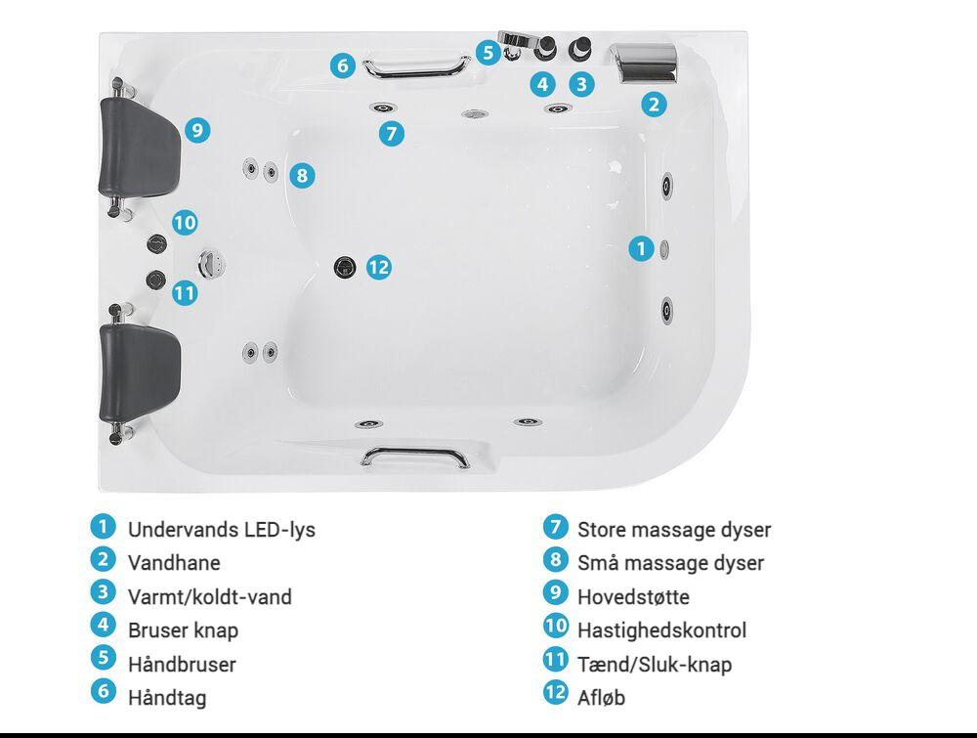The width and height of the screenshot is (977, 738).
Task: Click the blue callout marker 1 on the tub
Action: point(641,248)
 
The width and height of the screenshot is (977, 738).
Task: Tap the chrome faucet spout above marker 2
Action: point(646,63)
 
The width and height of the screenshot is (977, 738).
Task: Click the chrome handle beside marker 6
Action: point(416,67)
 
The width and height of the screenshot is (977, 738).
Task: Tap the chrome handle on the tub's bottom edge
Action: point(415,456)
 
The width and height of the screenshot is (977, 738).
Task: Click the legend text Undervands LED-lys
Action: point(221,530)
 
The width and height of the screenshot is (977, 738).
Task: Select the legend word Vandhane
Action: point(174,563)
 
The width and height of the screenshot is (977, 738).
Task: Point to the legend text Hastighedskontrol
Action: point(661,630)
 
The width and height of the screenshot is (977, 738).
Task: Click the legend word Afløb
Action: point(601,698)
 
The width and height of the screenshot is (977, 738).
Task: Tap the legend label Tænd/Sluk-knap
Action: point(655,665)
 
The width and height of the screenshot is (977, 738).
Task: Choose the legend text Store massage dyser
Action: point(674,530)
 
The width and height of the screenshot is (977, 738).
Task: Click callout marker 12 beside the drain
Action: point(379,268)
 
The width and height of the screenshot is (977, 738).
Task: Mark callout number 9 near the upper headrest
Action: point(197,130)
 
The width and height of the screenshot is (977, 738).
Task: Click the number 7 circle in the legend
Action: point(555,527)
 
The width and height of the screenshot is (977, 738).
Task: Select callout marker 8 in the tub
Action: point(302,175)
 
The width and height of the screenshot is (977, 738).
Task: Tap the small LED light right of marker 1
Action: point(664,249)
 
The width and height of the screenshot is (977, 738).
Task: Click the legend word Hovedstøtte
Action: point(633,597)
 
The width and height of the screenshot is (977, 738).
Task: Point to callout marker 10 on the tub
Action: point(185,223)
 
